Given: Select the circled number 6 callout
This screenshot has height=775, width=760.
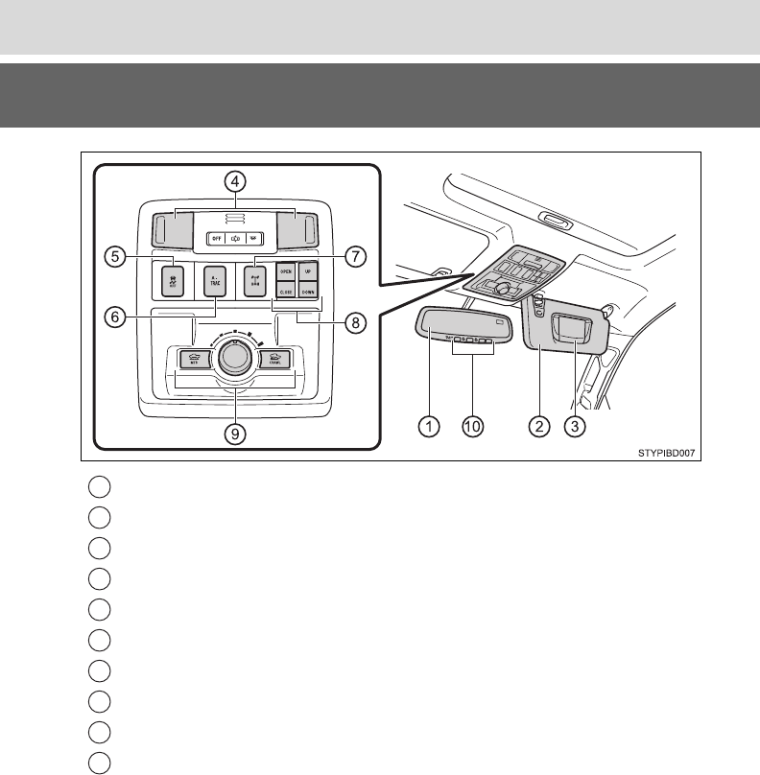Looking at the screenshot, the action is click(113, 318).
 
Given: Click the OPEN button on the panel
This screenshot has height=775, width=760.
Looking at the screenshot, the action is click(286, 270).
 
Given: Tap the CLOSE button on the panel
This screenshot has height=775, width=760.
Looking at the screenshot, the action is click(286, 290).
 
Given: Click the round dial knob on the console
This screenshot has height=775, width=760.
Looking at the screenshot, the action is click(232, 357).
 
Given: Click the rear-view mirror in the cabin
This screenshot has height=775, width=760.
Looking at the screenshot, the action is click(462, 332).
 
